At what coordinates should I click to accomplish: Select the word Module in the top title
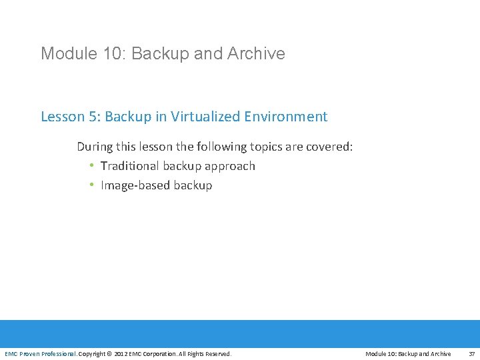tap(67, 53)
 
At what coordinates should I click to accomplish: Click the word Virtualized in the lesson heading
tap(204, 117)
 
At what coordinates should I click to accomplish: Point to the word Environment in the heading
tap(285, 117)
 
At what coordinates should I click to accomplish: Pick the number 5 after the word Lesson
tap(92, 117)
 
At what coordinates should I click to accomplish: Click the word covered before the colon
tap(329, 147)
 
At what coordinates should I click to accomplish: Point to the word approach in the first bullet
tap(230, 166)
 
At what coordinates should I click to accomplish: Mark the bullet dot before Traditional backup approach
tap(91, 166)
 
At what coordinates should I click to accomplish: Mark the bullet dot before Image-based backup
tap(91, 185)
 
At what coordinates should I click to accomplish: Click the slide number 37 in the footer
tap(471, 354)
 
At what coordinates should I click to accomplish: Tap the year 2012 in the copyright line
tap(121, 354)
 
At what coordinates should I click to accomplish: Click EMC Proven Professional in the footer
tap(40, 354)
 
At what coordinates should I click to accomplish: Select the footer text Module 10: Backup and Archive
tap(408, 354)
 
